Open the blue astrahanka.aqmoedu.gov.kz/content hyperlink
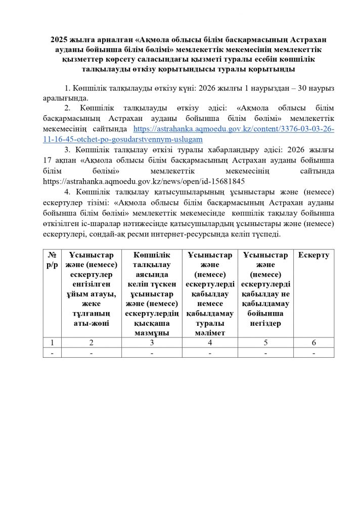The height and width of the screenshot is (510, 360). click(233, 130)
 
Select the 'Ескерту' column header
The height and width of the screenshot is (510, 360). click(313, 256)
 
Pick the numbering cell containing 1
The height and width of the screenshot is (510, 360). click(52, 343)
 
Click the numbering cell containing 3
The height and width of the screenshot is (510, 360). click(151, 343)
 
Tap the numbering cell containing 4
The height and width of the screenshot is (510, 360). click(209, 343)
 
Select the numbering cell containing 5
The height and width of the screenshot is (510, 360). click(265, 343)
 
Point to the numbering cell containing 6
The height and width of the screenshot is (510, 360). click(313, 343)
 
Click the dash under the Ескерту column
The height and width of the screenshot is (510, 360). click(313, 353)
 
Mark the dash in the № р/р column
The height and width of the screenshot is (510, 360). click(52, 353)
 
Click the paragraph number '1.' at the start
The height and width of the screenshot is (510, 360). click(69, 88)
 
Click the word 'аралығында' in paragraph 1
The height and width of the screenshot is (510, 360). click(66, 98)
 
